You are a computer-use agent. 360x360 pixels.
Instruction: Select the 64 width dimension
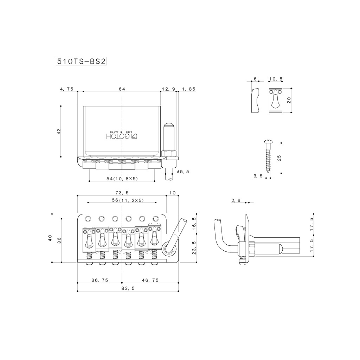(122, 89)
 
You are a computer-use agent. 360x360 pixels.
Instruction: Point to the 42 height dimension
(59, 131)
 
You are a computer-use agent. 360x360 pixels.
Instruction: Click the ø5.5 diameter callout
(183, 172)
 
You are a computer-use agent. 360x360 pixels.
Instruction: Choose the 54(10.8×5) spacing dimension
(122, 179)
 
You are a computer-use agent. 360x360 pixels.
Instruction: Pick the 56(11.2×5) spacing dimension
(122, 200)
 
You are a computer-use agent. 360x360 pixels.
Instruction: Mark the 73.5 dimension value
(122, 193)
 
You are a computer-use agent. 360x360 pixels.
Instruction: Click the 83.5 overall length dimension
(128, 288)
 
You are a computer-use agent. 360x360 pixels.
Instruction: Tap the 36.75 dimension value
(99, 280)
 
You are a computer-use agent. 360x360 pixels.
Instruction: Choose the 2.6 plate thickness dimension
(236, 200)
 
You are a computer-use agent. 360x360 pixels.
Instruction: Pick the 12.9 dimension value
(168, 89)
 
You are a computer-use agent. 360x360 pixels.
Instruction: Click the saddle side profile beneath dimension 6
(255, 101)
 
